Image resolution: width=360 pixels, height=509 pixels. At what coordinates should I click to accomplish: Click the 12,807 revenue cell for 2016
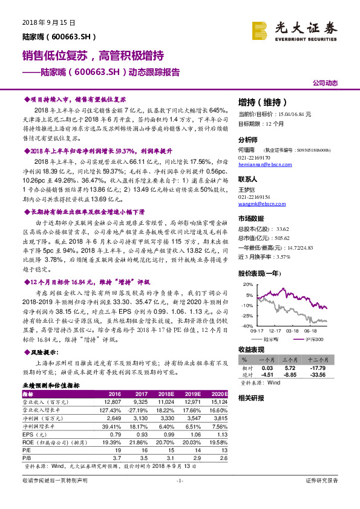click(x=113, y=401)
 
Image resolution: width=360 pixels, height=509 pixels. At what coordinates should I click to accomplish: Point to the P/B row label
click(x=27, y=458)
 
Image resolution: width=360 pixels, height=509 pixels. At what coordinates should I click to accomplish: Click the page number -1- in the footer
click(x=179, y=480)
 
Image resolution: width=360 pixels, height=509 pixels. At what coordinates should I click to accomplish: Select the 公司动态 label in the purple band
click(x=324, y=83)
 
